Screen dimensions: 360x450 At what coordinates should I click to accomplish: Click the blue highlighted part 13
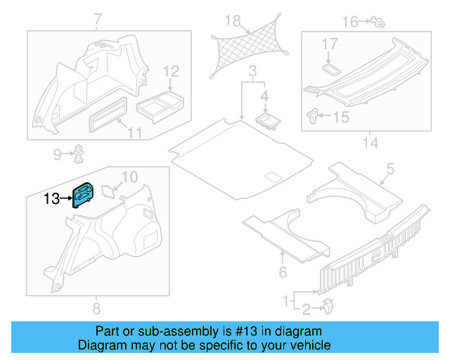[x=85, y=195]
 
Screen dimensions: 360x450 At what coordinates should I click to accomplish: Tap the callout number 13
[x=51, y=199]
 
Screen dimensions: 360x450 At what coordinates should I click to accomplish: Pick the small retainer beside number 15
[x=316, y=115]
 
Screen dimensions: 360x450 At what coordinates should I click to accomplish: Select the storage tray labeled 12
[x=158, y=104]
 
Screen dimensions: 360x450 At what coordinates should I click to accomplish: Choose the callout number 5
[x=390, y=168]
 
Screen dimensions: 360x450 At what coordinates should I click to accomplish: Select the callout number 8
[x=96, y=307]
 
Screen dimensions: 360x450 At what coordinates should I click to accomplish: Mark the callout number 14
[x=370, y=143]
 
